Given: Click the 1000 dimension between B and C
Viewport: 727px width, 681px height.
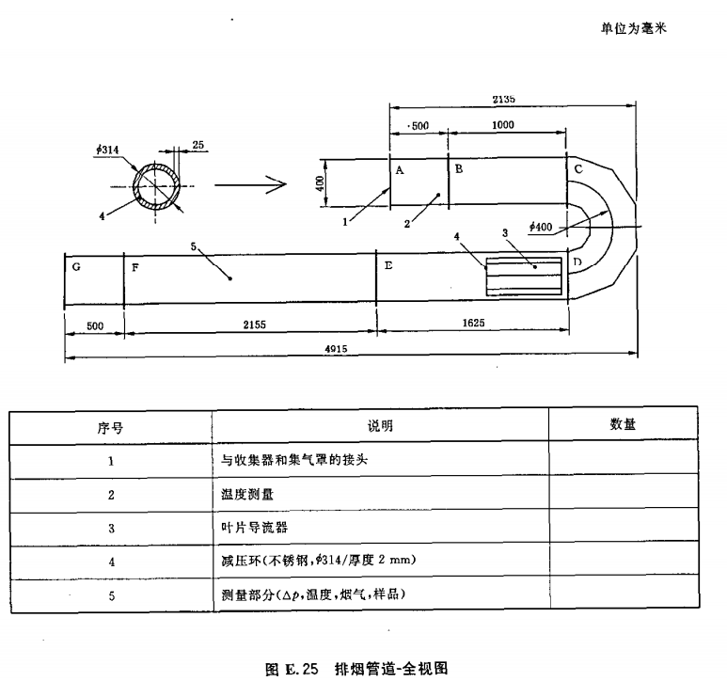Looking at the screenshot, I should pos(503,125).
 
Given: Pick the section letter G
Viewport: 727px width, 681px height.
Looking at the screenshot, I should pos(76,266).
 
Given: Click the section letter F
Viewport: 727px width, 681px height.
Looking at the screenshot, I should pos(135,267).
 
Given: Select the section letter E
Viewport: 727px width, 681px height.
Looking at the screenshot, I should pos(387,266).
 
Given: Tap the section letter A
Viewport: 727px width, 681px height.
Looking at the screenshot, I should pos(400,169).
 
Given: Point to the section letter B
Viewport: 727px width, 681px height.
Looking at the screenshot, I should pos(459,169).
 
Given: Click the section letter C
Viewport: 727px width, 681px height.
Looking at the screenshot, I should pos(578,168).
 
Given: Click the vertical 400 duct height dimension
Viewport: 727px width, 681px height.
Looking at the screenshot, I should pos(319,181).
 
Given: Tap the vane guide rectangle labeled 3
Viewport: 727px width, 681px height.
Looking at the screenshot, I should pos(524,278).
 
